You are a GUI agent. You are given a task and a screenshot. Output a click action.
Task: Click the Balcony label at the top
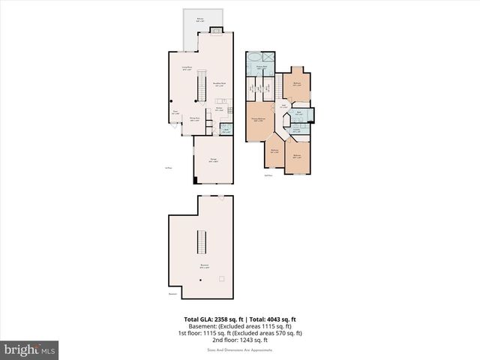click(x=200, y=19)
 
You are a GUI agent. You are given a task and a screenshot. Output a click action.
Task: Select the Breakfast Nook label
click(x=220, y=85)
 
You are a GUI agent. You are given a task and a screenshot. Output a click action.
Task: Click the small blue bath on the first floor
click(x=226, y=130)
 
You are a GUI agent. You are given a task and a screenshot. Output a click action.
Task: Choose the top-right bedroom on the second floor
click(x=297, y=84)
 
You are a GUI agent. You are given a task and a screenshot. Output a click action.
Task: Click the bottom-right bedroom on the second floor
click(x=297, y=157)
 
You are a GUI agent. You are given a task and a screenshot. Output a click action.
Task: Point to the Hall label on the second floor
click(x=283, y=106)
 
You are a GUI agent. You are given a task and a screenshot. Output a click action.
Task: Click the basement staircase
click(x=201, y=242)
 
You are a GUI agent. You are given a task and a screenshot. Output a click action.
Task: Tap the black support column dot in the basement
click(x=200, y=280)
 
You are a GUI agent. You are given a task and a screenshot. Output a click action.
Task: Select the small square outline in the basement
click(x=220, y=278)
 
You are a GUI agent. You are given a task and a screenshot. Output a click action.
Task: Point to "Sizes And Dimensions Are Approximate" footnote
click(x=240, y=349)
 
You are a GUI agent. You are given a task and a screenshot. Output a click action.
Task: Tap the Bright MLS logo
click(x=30, y=349)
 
